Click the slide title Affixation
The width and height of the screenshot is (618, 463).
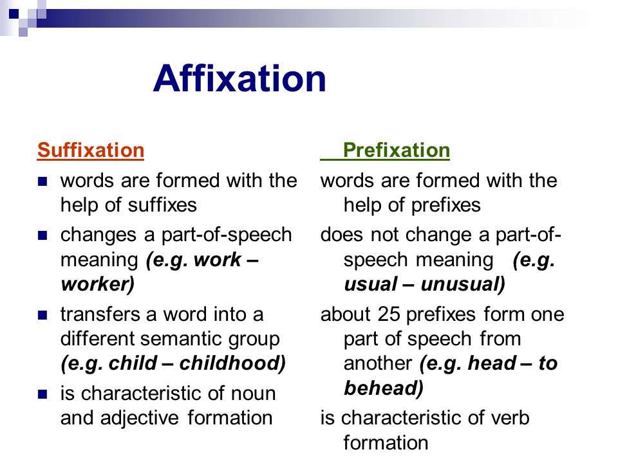pos(239,78)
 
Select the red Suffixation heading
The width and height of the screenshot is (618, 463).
pos(91,150)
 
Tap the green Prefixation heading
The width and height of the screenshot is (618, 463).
pos(396,150)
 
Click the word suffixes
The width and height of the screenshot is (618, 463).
pos(162,204)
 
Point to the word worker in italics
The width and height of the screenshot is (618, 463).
pos(98,284)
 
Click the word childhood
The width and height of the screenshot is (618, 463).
pos(232,363)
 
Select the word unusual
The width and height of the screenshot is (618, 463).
pos(463,284)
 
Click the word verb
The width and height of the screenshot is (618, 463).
pos(510,418)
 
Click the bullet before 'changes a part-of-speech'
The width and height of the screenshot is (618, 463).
pos(42,235)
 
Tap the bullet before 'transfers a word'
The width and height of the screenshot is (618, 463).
pos(42,315)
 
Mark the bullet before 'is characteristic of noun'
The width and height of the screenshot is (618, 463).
pos(42,394)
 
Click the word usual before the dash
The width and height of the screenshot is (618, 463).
pos(371,284)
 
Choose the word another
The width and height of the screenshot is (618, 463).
pos(378,363)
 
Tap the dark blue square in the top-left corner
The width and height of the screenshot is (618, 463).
pos(14,14)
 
